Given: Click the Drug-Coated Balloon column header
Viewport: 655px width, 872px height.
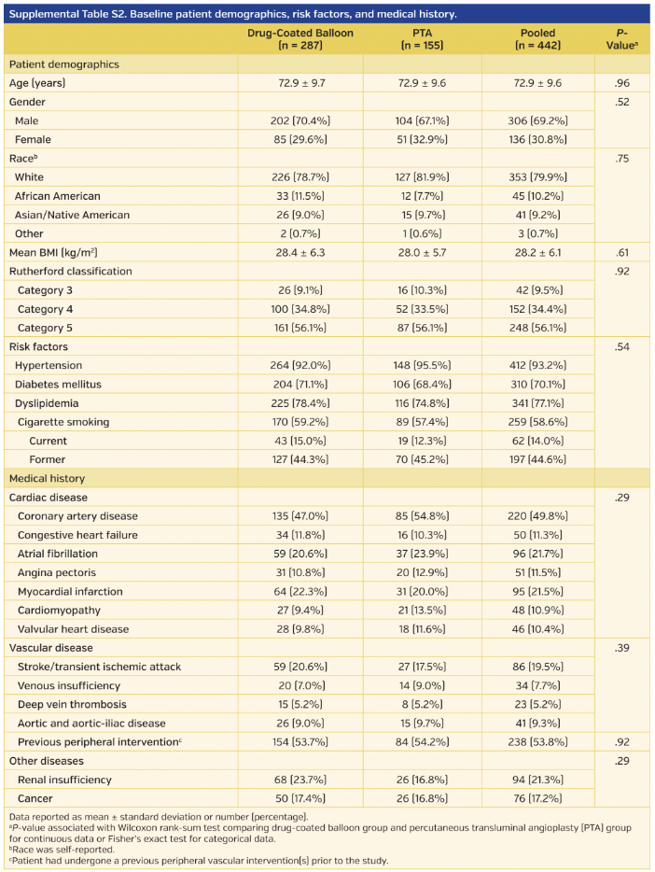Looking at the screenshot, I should pos(294,38).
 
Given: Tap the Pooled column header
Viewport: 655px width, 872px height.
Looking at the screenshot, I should pos(537,38).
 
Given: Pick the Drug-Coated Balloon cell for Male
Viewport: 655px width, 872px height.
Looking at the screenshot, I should pos(294,120).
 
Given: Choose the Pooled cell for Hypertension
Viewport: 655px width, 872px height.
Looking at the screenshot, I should pos(537,365).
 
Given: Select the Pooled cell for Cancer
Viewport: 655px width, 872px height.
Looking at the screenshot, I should pos(537,798).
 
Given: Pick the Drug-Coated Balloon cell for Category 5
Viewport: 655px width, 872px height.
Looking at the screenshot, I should pos(294,328).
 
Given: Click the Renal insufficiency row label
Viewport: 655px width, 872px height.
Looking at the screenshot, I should pos(64,780).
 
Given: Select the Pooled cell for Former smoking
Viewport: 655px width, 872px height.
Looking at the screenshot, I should pos(537,459).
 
